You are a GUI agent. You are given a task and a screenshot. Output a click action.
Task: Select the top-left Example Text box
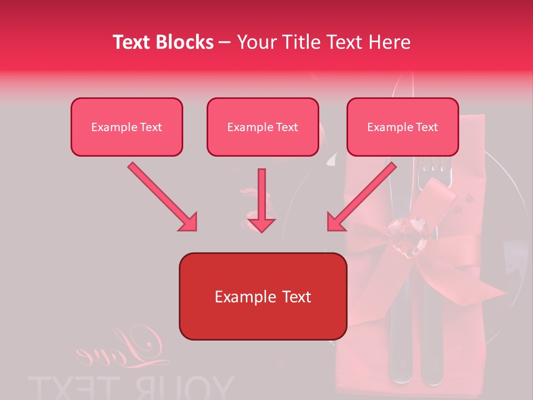[x=127, y=127]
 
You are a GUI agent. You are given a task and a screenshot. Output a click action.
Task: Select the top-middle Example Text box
[x=263, y=127]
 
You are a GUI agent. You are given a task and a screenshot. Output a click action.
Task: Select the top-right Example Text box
[x=403, y=127]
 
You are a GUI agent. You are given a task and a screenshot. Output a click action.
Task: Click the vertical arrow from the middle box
[x=262, y=194]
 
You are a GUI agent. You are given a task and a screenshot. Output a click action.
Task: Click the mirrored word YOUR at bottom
[x=189, y=388]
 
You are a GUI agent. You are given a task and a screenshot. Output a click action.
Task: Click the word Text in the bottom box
[x=292, y=297]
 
